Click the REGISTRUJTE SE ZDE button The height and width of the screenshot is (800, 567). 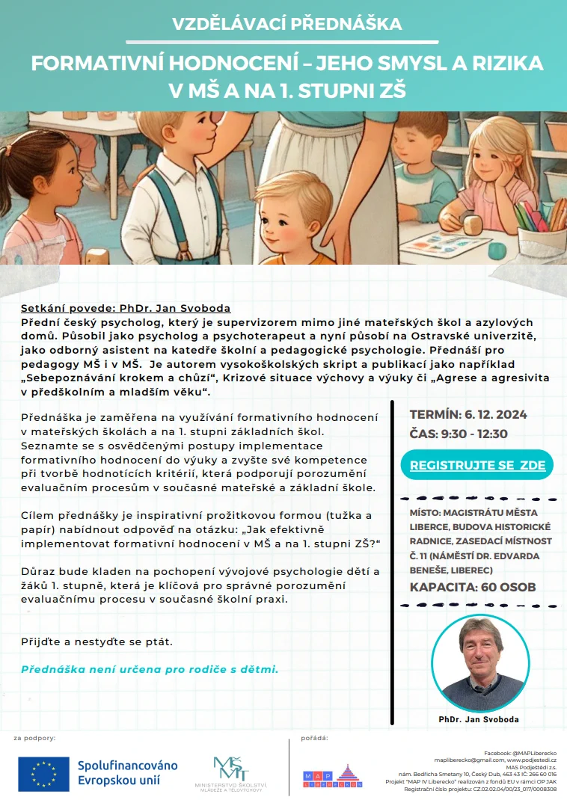[477, 465]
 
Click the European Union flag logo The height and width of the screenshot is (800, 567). [44, 772]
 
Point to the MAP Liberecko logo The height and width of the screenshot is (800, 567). [331, 776]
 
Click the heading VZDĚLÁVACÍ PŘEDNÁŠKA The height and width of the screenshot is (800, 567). [287, 24]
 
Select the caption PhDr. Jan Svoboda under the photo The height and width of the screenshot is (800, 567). [479, 719]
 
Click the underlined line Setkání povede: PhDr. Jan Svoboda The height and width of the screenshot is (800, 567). [126, 308]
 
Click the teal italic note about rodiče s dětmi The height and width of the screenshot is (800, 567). [150, 668]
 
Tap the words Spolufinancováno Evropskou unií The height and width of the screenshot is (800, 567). [128, 772]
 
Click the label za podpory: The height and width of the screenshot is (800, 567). [34, 739]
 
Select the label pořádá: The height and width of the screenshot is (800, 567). [314, 739]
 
